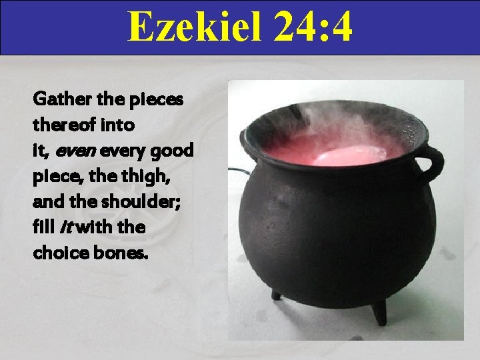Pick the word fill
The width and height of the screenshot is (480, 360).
tap(43, 227)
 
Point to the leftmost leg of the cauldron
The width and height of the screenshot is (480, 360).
tap(275, 294)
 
